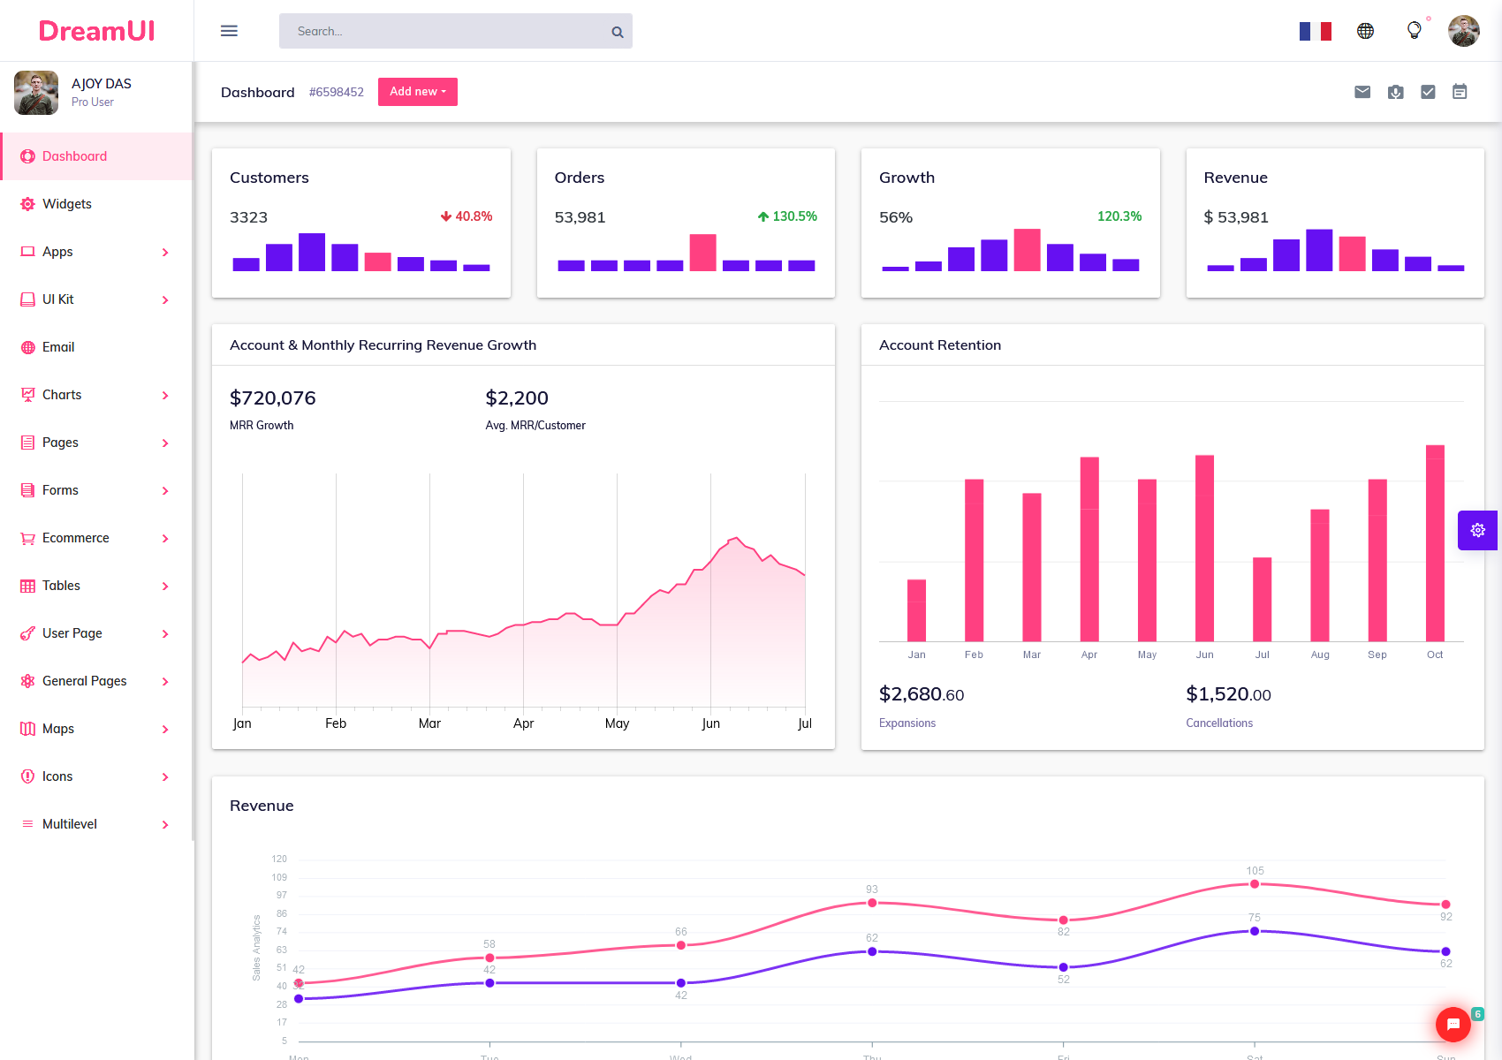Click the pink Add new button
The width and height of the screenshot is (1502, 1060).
pos(417,92)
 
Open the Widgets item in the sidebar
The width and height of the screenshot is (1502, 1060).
pos(66,204)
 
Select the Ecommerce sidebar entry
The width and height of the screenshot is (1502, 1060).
pos(75,538)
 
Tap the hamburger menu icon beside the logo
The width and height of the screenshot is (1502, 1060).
pos(229,31)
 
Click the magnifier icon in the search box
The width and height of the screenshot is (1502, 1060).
pos(618,32)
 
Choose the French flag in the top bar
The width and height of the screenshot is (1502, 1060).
pos(1315,32)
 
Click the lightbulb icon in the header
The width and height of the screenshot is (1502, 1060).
pos(1414,31)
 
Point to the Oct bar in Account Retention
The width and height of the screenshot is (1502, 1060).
pos(1435,543)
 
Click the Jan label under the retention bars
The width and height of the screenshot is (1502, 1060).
pos(916,655)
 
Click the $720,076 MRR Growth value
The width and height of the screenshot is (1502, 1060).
pos(272,398)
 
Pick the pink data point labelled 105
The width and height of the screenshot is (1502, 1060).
pos(1255,884)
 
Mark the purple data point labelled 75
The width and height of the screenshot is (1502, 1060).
pos(1255,931)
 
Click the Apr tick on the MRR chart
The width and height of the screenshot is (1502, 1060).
pos(523,723)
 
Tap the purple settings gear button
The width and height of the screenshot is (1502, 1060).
pos(1477,530)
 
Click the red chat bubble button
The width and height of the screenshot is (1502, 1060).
pos(1453,1025)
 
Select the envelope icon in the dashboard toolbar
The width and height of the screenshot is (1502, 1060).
pos(1362,92)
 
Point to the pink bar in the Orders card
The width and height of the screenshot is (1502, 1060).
pos(702,253)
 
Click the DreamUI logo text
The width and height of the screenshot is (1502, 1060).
pos(96,31)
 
